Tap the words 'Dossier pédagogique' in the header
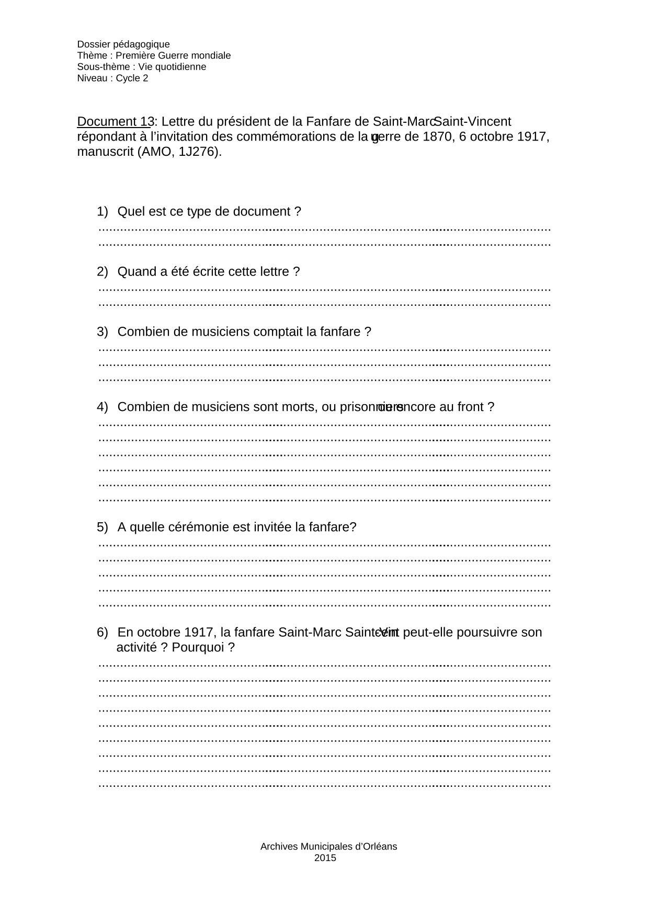[123, 44]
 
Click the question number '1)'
[102, 212]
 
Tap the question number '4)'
[102, 407]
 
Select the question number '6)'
[102, 633]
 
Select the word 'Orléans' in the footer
[380, 846]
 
